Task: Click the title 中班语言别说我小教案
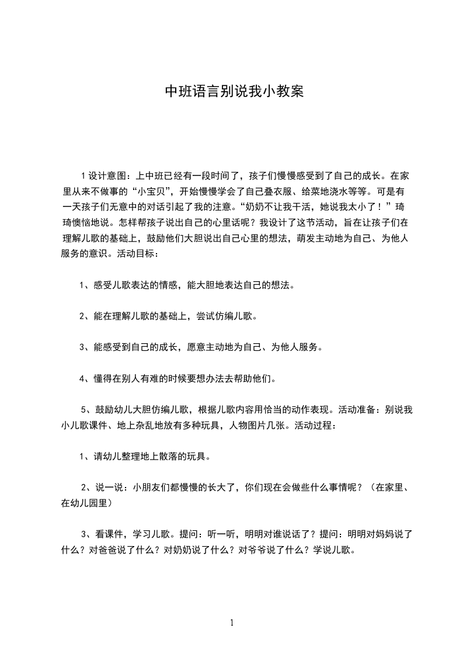point(231,92)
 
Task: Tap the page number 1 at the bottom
point(232,623)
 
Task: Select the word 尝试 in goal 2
point(200,316)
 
